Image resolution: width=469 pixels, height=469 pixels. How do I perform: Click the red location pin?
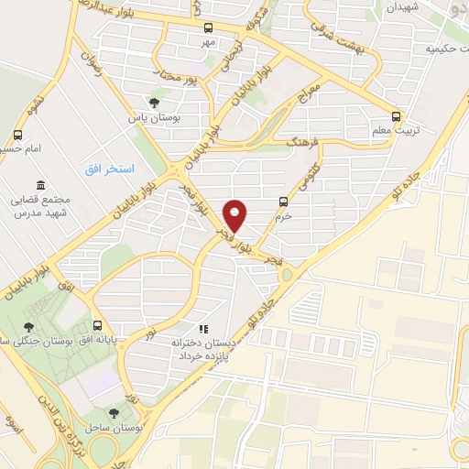[235, 214]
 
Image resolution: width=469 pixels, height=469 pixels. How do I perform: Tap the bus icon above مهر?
[208, 27]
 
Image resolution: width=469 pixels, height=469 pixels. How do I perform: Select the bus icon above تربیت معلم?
[397, 116]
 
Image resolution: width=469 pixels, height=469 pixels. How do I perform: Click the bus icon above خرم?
[282, 202]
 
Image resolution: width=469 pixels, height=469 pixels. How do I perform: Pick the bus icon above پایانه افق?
[98, 325]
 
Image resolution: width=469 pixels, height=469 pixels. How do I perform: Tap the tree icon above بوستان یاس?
[153, 103]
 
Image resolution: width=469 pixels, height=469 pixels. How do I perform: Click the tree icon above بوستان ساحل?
[113, 414]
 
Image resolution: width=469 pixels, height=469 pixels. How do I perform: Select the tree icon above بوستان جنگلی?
[29, 325]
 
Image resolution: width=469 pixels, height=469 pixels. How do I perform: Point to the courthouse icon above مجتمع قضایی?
[38, 184]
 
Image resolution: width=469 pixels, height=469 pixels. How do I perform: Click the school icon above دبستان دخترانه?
[203, 327]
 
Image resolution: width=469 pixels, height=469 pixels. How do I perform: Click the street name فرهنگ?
[302, 143]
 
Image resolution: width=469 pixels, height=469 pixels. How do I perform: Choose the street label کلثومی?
[308, 176]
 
